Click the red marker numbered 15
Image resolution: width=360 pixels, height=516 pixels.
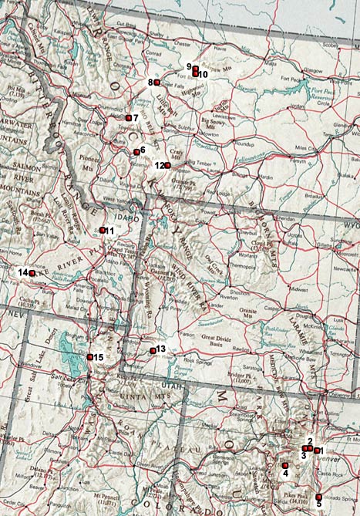point(90,357)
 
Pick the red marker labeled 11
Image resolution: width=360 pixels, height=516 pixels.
point(103,230)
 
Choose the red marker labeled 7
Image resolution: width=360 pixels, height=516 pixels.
point(128,118)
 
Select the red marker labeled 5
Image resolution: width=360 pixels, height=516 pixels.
point(318,497)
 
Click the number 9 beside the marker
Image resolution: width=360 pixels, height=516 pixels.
point(189,66)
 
